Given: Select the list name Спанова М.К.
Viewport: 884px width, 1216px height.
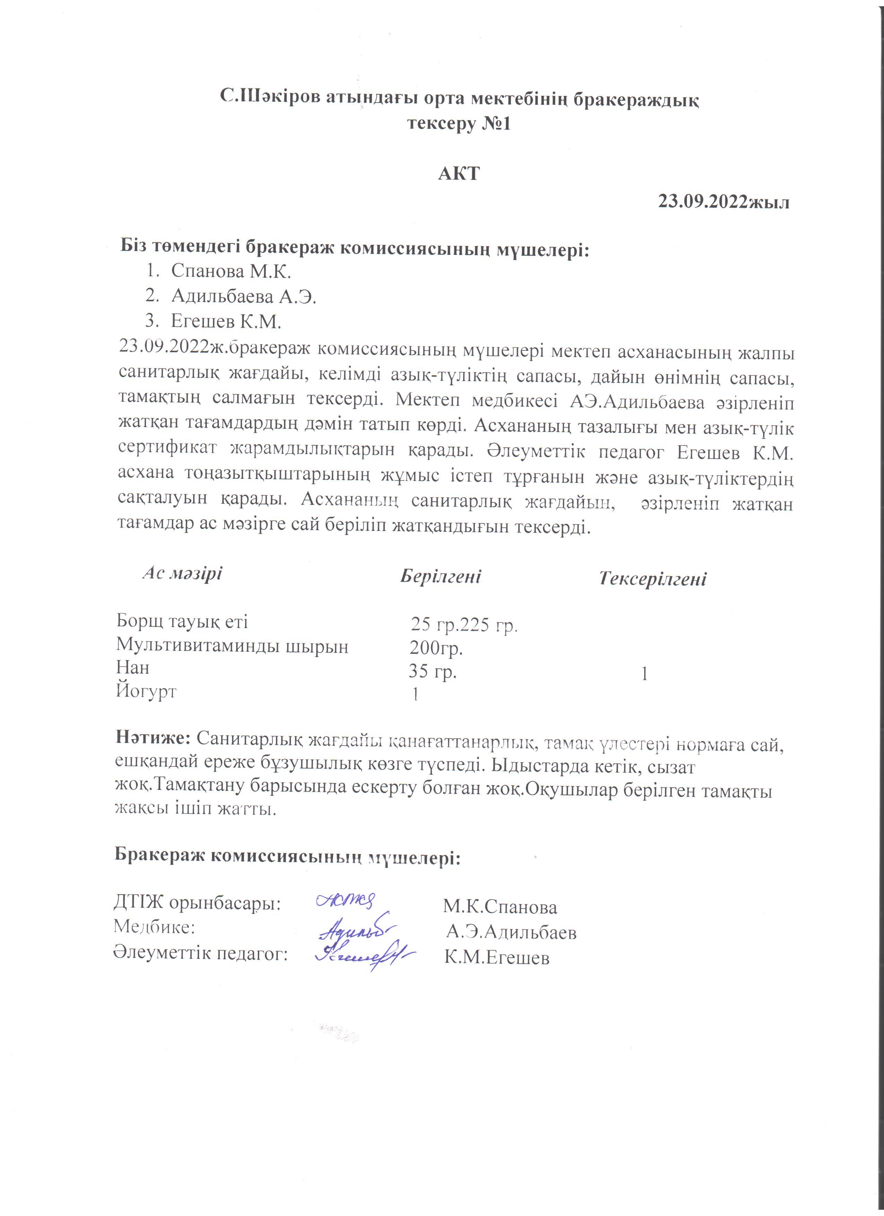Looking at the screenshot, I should point(231,272).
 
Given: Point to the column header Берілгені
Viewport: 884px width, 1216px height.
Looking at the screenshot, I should point(440,576).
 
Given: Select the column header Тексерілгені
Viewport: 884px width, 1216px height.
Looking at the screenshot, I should point(652,579).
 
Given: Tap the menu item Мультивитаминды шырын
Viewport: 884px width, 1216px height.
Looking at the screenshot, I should point(232,646).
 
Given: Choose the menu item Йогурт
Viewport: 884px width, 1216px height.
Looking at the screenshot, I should point(146,692).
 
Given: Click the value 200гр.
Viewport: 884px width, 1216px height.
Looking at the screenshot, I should point(436,648).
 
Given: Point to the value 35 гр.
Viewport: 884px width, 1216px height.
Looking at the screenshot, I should point(432,671).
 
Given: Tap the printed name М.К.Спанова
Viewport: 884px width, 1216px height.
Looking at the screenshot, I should point(500,907).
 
